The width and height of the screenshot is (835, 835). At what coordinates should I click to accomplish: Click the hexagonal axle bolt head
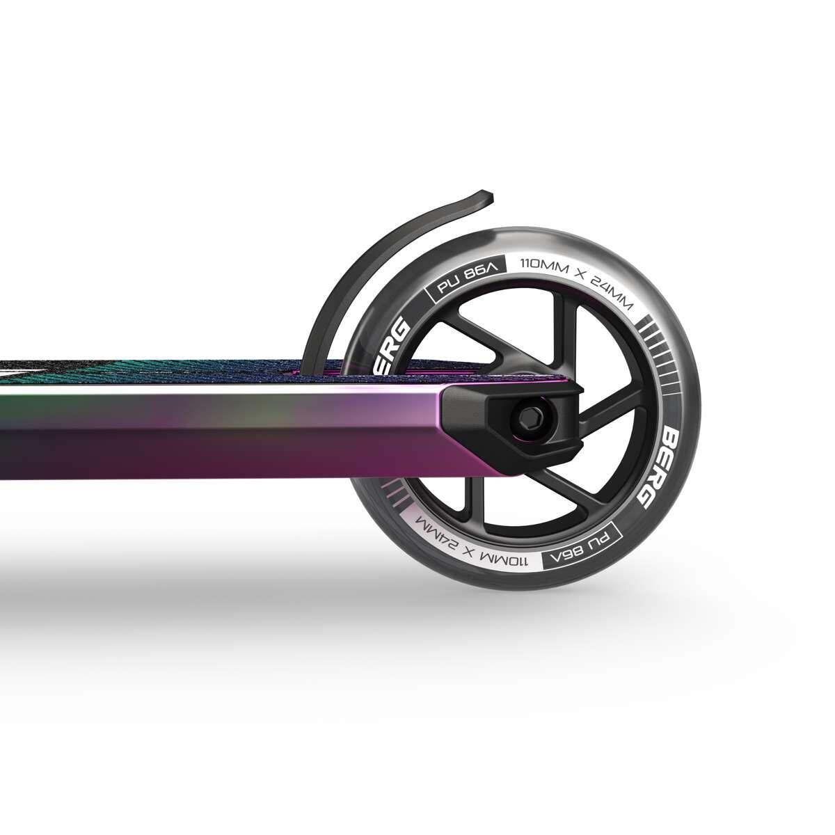(x=523, y=417)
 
